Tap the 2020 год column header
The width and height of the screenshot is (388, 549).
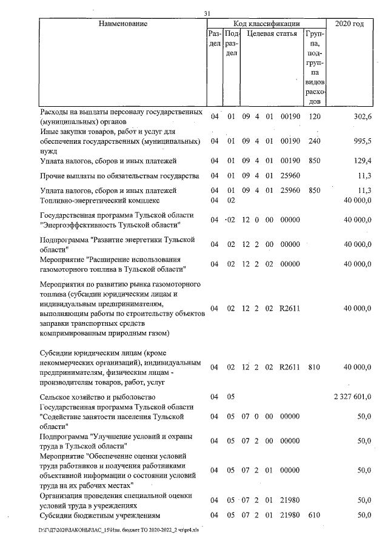[x=350, y=24]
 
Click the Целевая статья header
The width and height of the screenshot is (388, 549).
[x=272, y=35]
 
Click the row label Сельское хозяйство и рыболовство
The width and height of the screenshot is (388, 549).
[x=98, y=397]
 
